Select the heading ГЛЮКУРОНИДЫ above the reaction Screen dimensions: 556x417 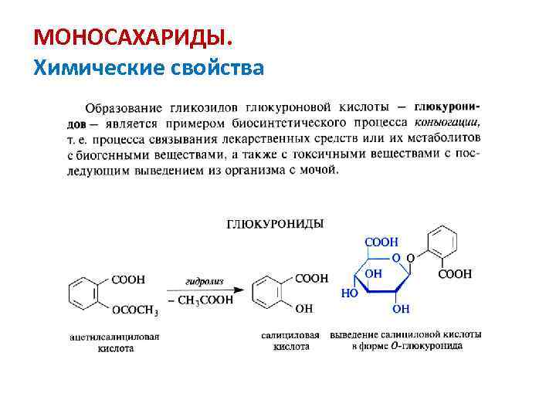[x=275, y=224]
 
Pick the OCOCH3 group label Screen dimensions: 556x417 [x=135, y=311]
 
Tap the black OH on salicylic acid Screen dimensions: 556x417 [x=304, y=309]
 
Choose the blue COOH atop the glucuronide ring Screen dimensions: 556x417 [x=381, y=242]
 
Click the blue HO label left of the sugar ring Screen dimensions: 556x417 [x=348, y=294]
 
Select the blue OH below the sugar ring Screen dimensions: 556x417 [x=401, y=310]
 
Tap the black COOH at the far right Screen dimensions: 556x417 [x=455, y=274]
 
